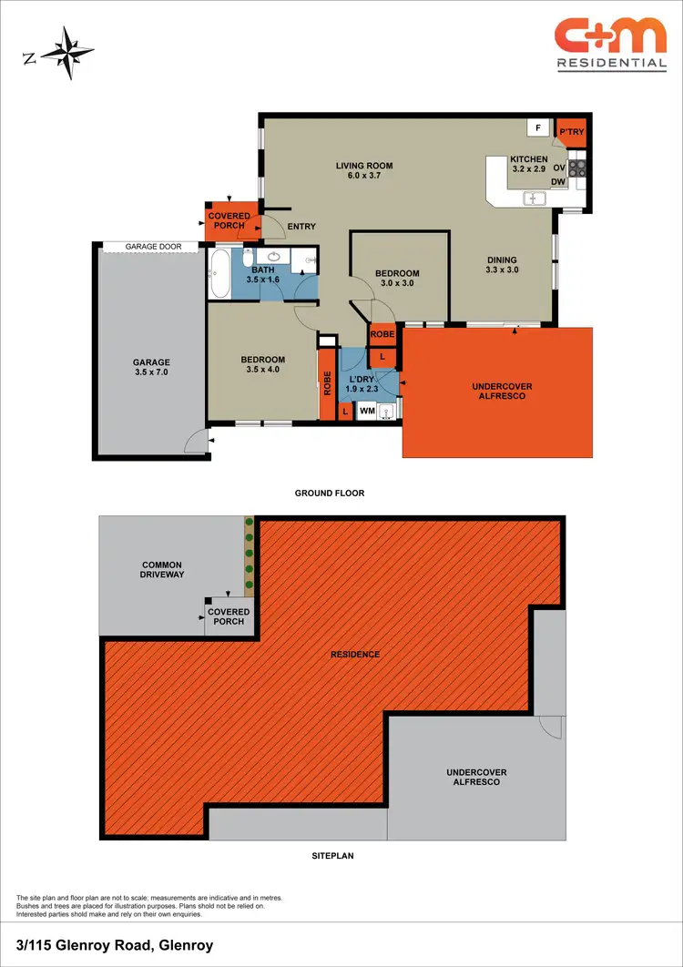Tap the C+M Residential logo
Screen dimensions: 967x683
point(610,44)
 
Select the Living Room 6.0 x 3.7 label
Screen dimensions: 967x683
point(364,170)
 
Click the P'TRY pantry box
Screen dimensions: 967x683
point(571,134)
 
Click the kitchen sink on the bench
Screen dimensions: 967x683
point(533,197)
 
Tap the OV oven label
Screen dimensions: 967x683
point(559,168)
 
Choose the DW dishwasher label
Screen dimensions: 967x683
point(558,182)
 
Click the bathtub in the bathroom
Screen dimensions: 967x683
point(219,274)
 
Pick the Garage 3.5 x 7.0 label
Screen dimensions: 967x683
point(151,367)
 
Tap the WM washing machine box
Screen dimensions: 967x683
point(367,412)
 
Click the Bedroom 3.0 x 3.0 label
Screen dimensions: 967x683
point(397,278)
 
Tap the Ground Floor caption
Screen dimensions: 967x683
point(329,494)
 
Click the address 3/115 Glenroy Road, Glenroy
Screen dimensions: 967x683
point(115,945)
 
